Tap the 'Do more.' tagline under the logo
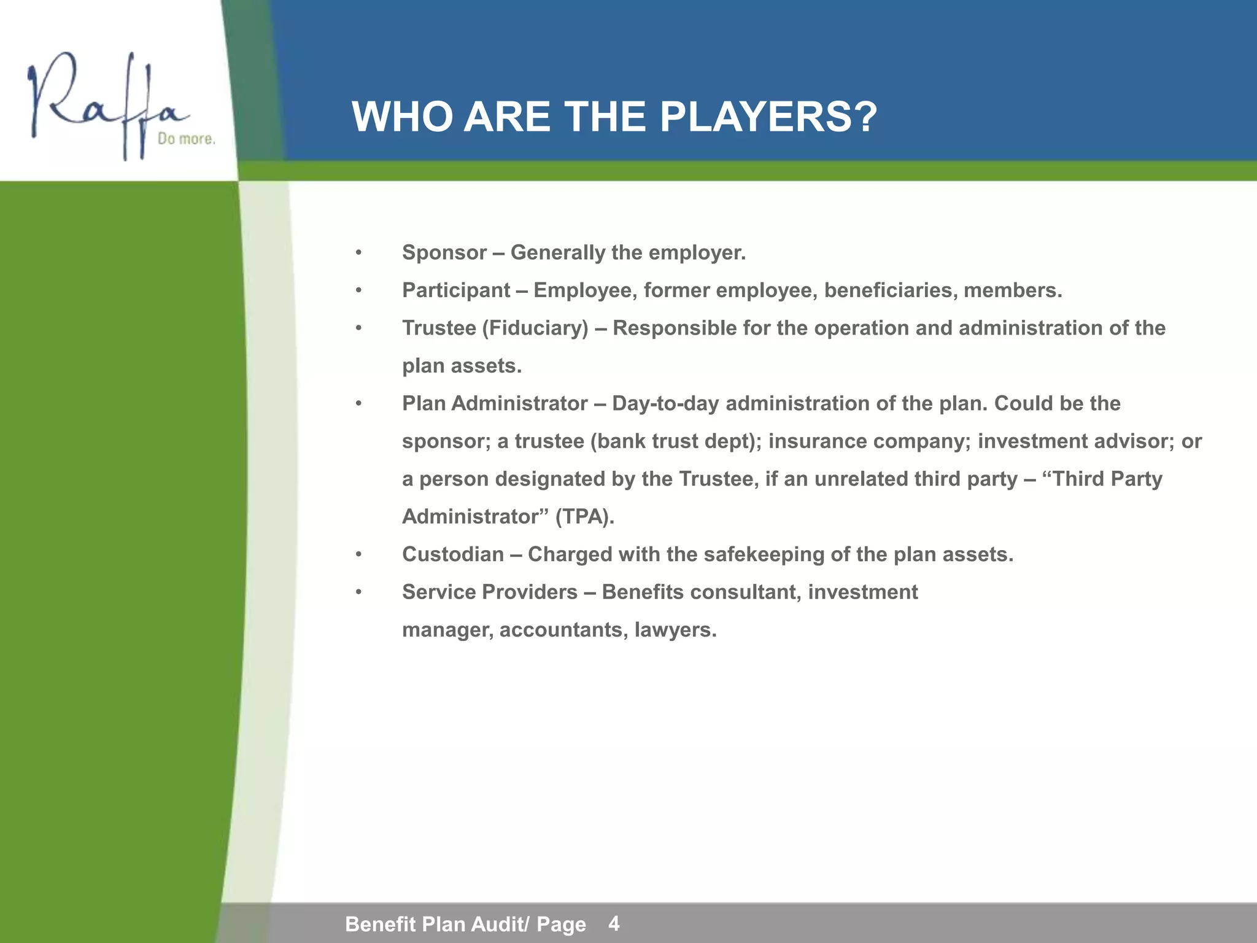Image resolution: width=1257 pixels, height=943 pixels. [x=187, y=139]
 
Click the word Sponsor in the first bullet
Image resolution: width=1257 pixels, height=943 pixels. [x=444, y=252]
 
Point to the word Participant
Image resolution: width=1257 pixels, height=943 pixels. [x=456, y=290]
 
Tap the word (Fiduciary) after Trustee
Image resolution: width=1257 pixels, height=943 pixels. [x=535, y=328]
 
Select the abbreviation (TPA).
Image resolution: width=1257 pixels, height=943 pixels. [x=585, y=517]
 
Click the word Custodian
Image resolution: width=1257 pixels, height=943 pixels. [x=453, y=554]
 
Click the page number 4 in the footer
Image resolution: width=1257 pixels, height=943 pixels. [x=614, y=923]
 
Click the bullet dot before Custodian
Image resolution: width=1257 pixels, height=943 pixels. [x=359, y=555]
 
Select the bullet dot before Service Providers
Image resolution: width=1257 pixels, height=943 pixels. [x=359, y=592]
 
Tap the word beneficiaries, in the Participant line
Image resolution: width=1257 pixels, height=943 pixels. [x=891, y=290]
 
